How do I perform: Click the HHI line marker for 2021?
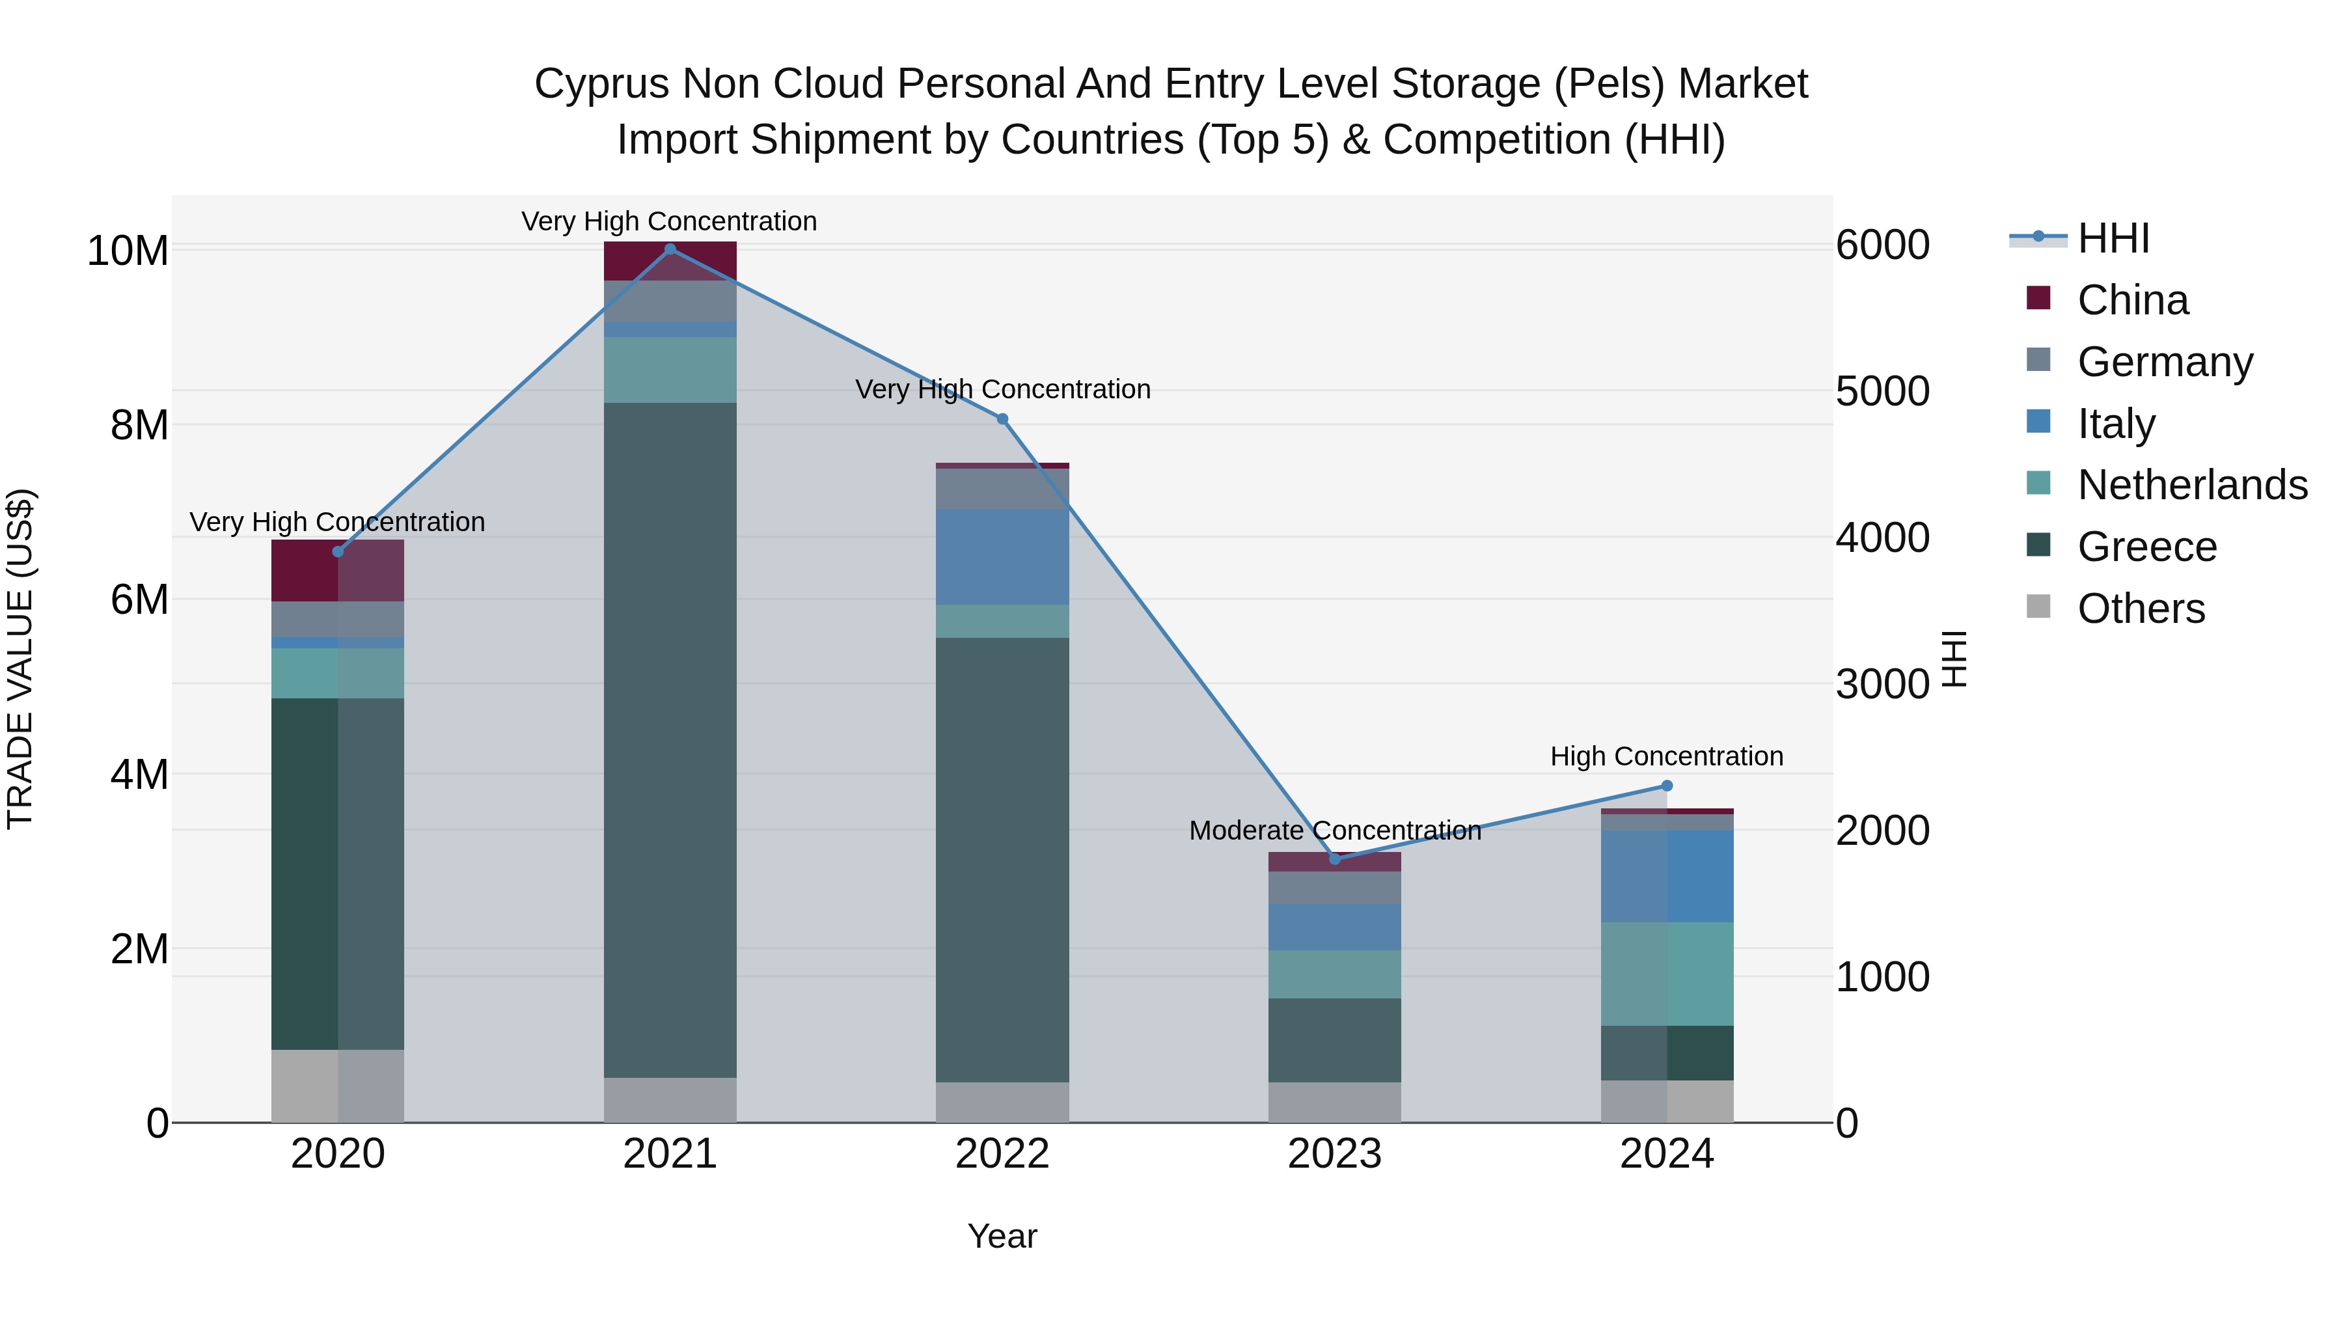pyautogui.click(x=670, y=249)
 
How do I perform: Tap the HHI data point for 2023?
pyautogui.click(x=1336, y=858)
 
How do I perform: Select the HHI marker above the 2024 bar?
pyautogui.click(x=1667, y=786)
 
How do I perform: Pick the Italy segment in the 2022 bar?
pyautogui.click(x=1002, y=556)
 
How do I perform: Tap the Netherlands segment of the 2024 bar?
pyautogui.click(x=1667, y=974)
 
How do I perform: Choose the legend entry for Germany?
pyautogui.click(x=2165, y=362)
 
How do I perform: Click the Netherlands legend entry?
pyautogui.click(x=2191, y=485)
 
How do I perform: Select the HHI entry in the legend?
pyautogui.click(x=2113, y=238)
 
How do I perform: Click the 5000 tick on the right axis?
pyautogui.click(x=1882, y=391)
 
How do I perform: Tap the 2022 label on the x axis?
pyautogui.click(x=1002, y=1154)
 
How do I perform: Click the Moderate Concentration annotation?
pyautogui.click(x=1336, y=831)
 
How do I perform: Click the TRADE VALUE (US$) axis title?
pyautogui.click(x=20, y=659)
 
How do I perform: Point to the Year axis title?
pyautogui.click(x=1002, y=1236)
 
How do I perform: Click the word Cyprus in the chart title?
pyautogui.click(x=602, y=84)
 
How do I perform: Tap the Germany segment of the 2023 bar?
pyautogui.click(x=1336, y=887)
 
